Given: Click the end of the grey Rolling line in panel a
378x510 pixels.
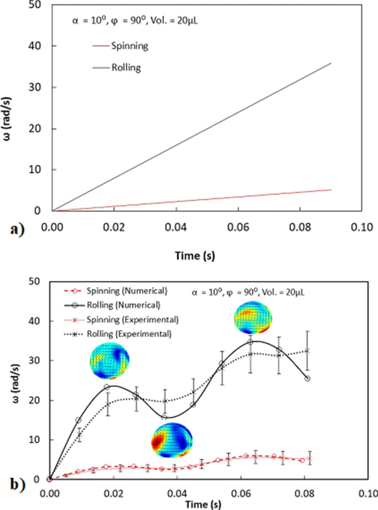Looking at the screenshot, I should (x=332, y=63).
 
